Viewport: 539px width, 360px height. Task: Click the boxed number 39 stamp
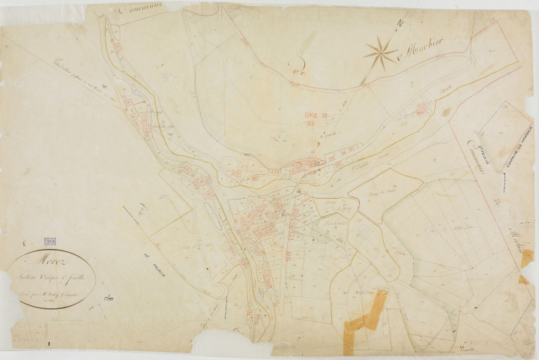(50, 242)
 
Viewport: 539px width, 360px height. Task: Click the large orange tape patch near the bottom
(367, 320)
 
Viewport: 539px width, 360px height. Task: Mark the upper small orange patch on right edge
(527, 256)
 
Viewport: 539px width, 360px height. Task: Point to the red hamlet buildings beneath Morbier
(421, 109)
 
